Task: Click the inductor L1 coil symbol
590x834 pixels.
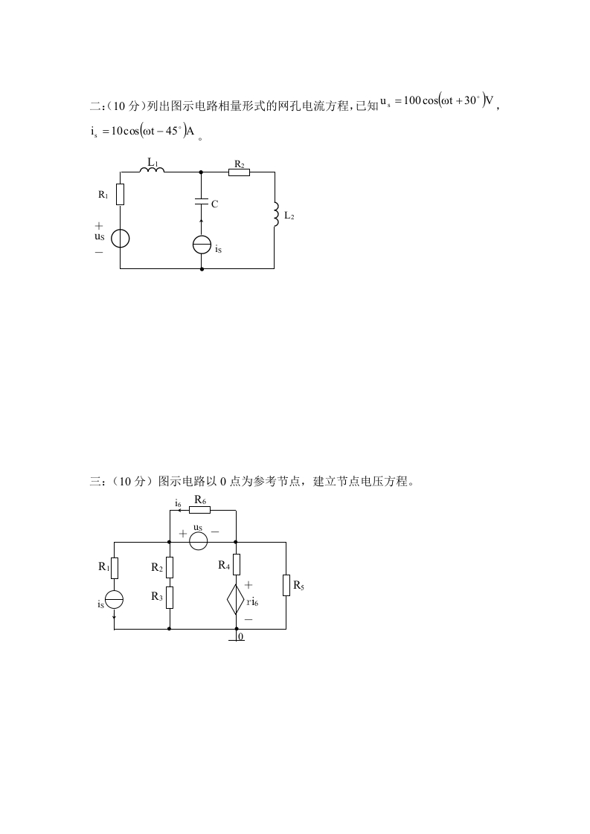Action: point(152,170)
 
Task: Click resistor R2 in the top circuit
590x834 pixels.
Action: point(239,172)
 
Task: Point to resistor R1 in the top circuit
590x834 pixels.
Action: point(120,195)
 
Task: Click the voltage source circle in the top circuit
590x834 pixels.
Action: point(120,238)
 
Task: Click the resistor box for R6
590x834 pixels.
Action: point(199,510)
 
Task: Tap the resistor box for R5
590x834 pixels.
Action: point(286,585)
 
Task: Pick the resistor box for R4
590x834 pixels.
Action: point(236,565)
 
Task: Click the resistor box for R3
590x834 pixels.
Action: point(170,596)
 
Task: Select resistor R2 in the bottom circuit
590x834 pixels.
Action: point(170,568)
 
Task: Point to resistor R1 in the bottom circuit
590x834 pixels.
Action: point(114,568)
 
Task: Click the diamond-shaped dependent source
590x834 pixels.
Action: point(235,599)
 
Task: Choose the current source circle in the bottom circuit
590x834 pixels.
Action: point(114,599)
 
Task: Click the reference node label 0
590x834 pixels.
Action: point(240,637)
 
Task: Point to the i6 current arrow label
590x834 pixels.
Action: point(179,504)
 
